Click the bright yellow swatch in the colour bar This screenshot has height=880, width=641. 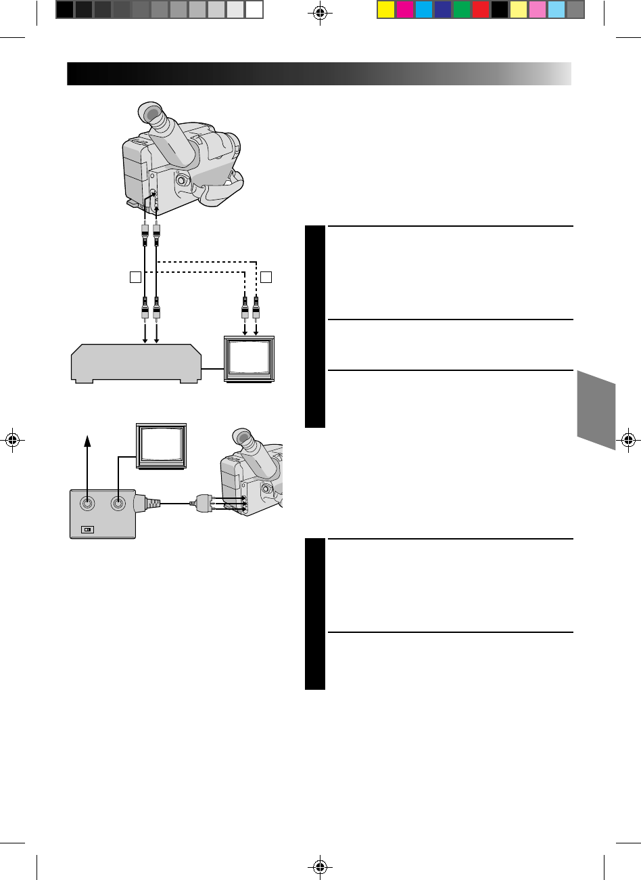[386, 9]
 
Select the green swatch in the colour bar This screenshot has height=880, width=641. [462, 9]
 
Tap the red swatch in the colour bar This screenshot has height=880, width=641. [481, 9]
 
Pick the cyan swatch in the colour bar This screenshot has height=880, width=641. [424, 9]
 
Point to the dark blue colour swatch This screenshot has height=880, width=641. [443, 9]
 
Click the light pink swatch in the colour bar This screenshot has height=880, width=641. [538, 9]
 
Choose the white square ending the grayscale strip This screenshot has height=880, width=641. [254, 9]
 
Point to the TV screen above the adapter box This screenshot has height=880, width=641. [162, 445]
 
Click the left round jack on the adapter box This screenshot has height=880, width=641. [88, 503]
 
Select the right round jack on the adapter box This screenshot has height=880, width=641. [118, 503]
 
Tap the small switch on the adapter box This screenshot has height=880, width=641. [88, 530]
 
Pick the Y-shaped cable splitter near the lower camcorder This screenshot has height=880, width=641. [203, 504]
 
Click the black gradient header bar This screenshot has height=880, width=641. [318, 73]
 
